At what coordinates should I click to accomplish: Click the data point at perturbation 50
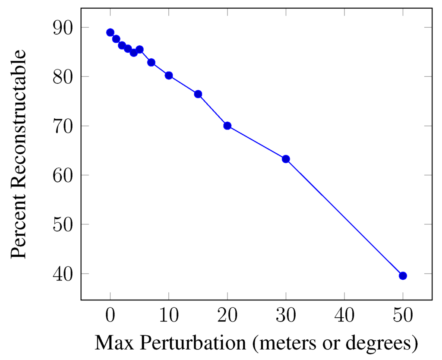coord(403,276)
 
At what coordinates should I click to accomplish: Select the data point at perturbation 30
coord(286,159)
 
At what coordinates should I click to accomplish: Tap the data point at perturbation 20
coord(227,126)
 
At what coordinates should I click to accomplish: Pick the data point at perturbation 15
coord(198,94)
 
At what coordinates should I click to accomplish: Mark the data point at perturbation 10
coord(169,76)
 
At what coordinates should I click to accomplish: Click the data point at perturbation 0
coord(110,32)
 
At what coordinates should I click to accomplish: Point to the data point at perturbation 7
coord(151,63)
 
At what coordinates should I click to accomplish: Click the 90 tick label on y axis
coord(63,28)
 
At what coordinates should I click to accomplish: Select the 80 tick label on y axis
coord(63,77)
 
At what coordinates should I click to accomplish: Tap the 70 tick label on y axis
coord(63,126)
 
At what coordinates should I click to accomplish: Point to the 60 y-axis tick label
coord(63,175)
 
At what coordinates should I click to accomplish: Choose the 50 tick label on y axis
coord(63,224)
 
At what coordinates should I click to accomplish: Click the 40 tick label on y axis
coord(63,274)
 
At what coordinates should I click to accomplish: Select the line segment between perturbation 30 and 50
coord(344,217)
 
